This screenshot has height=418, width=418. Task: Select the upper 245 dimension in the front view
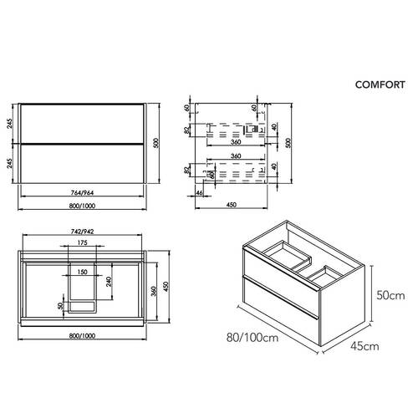pos(9,125)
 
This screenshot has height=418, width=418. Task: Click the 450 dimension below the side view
pos(232,206)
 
